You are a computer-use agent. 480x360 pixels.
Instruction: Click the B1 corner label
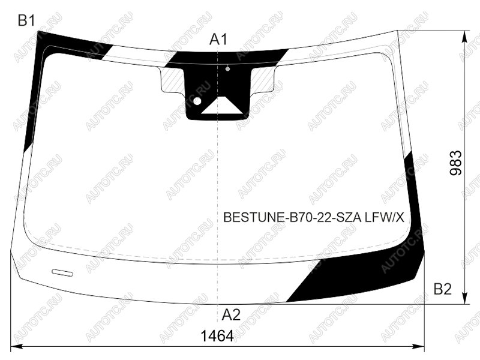[26, 21]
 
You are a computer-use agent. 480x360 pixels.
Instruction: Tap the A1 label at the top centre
[218, 40]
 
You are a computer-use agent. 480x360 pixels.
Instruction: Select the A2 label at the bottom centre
[231, 314]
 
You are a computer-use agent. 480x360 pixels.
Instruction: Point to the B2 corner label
[443, 289]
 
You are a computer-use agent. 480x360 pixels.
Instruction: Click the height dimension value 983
[456, 163]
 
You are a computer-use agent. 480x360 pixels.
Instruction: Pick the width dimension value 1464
[217, 336]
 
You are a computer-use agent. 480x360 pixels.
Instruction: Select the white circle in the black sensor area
[197, 101]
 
